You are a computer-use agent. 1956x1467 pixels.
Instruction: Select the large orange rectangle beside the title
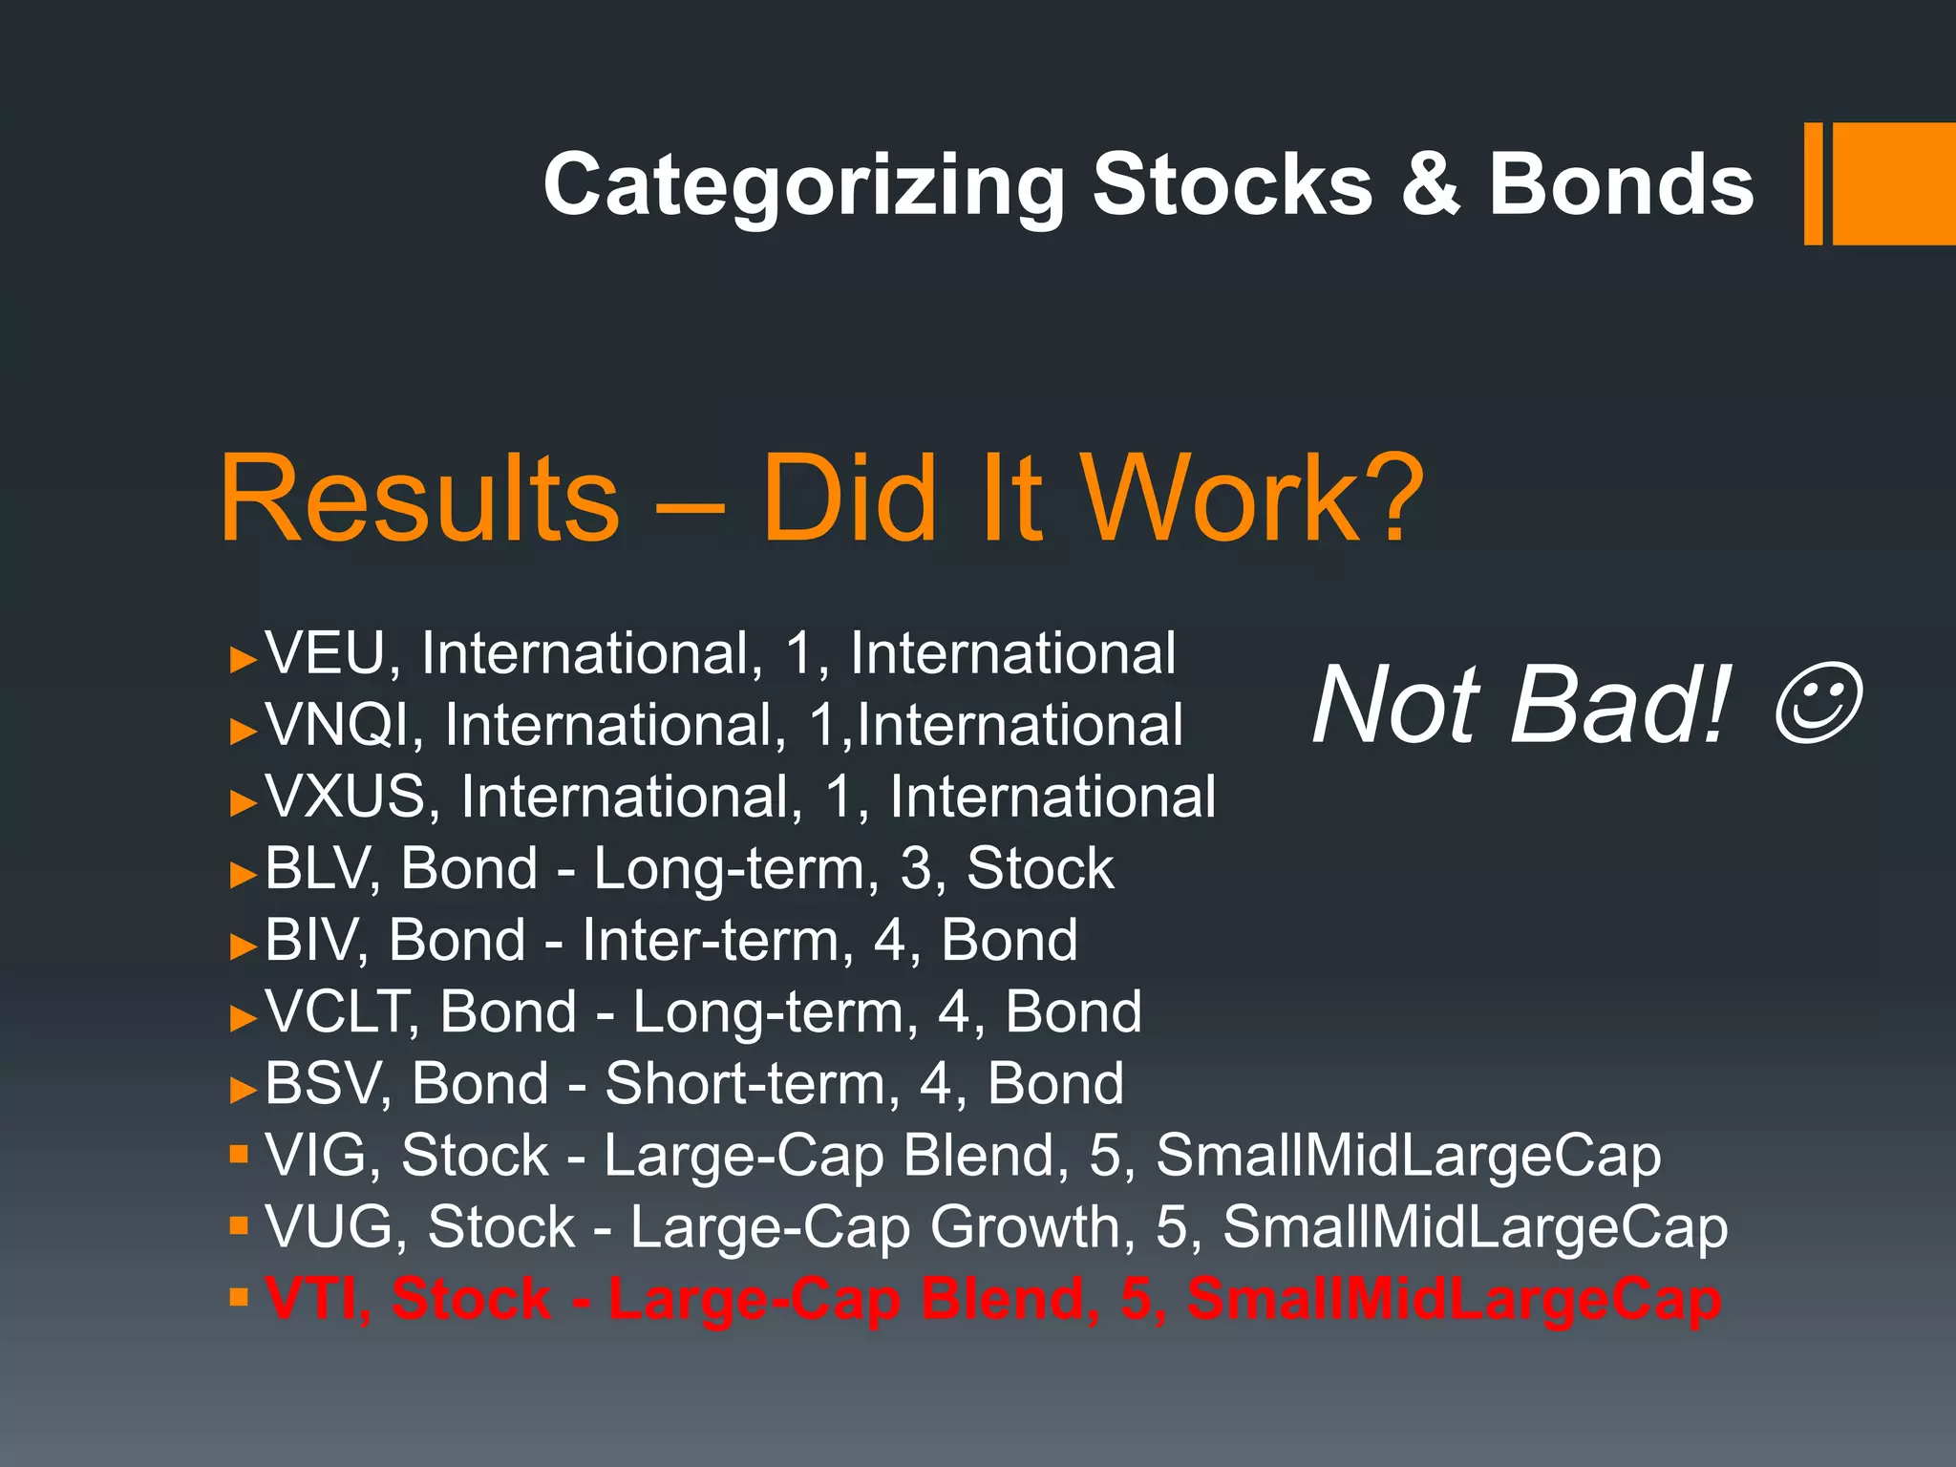[1893, 183]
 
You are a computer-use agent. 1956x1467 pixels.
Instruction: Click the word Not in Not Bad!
[1395, 705]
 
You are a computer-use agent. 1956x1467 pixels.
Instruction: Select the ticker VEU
[325, 654]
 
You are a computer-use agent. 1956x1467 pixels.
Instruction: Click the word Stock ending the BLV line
[1039, 869]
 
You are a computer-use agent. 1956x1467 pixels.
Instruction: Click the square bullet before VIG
[239, 1155]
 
